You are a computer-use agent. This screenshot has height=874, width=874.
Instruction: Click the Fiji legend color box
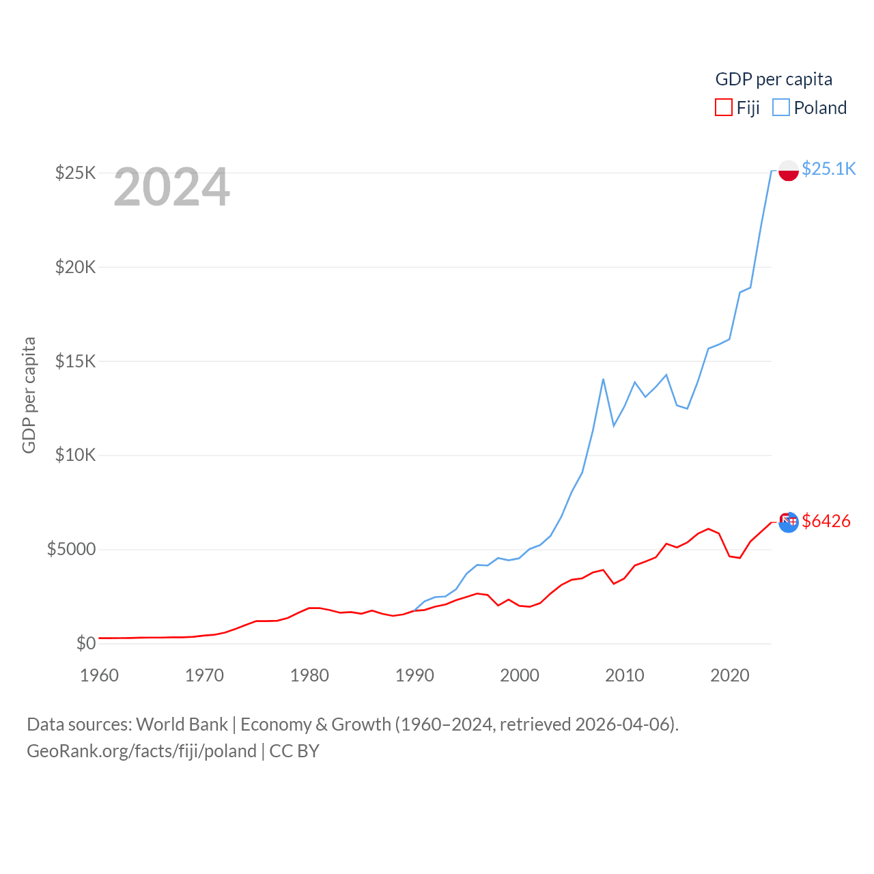[724, 108]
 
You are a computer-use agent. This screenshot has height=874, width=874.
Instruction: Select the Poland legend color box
[781, 108]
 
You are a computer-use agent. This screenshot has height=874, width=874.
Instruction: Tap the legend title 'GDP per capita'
[774, 79]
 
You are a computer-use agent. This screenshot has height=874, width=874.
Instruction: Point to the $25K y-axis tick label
[76, 173]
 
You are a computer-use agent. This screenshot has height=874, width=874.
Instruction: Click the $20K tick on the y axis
[76, 267]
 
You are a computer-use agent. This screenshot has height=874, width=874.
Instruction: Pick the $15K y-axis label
[76, 361]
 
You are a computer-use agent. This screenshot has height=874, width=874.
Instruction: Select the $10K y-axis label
[76, 455]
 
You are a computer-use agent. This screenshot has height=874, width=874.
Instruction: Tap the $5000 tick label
[72, 550]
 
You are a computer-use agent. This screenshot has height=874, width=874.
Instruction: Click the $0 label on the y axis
[86, 643]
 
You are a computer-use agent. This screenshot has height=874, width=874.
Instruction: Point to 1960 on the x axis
[100, 675]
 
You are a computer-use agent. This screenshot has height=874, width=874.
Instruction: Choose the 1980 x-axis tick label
[309, 675]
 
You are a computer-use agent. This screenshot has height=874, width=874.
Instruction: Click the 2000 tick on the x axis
[520, 675]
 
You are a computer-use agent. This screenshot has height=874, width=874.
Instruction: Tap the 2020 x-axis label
[730, 675]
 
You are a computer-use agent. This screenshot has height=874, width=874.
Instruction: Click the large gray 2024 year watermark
[171, 188]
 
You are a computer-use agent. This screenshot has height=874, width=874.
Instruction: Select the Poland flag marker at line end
[789, 171]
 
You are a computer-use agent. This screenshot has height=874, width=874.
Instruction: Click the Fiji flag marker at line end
[789, 522]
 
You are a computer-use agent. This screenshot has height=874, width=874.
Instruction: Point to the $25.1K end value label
[828, 169]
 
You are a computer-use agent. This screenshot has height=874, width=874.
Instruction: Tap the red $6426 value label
[826, 521]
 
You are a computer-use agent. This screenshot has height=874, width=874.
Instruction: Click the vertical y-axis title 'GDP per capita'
[29, 395]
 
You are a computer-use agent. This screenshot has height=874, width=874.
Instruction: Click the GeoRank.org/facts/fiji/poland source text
[142, 751]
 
